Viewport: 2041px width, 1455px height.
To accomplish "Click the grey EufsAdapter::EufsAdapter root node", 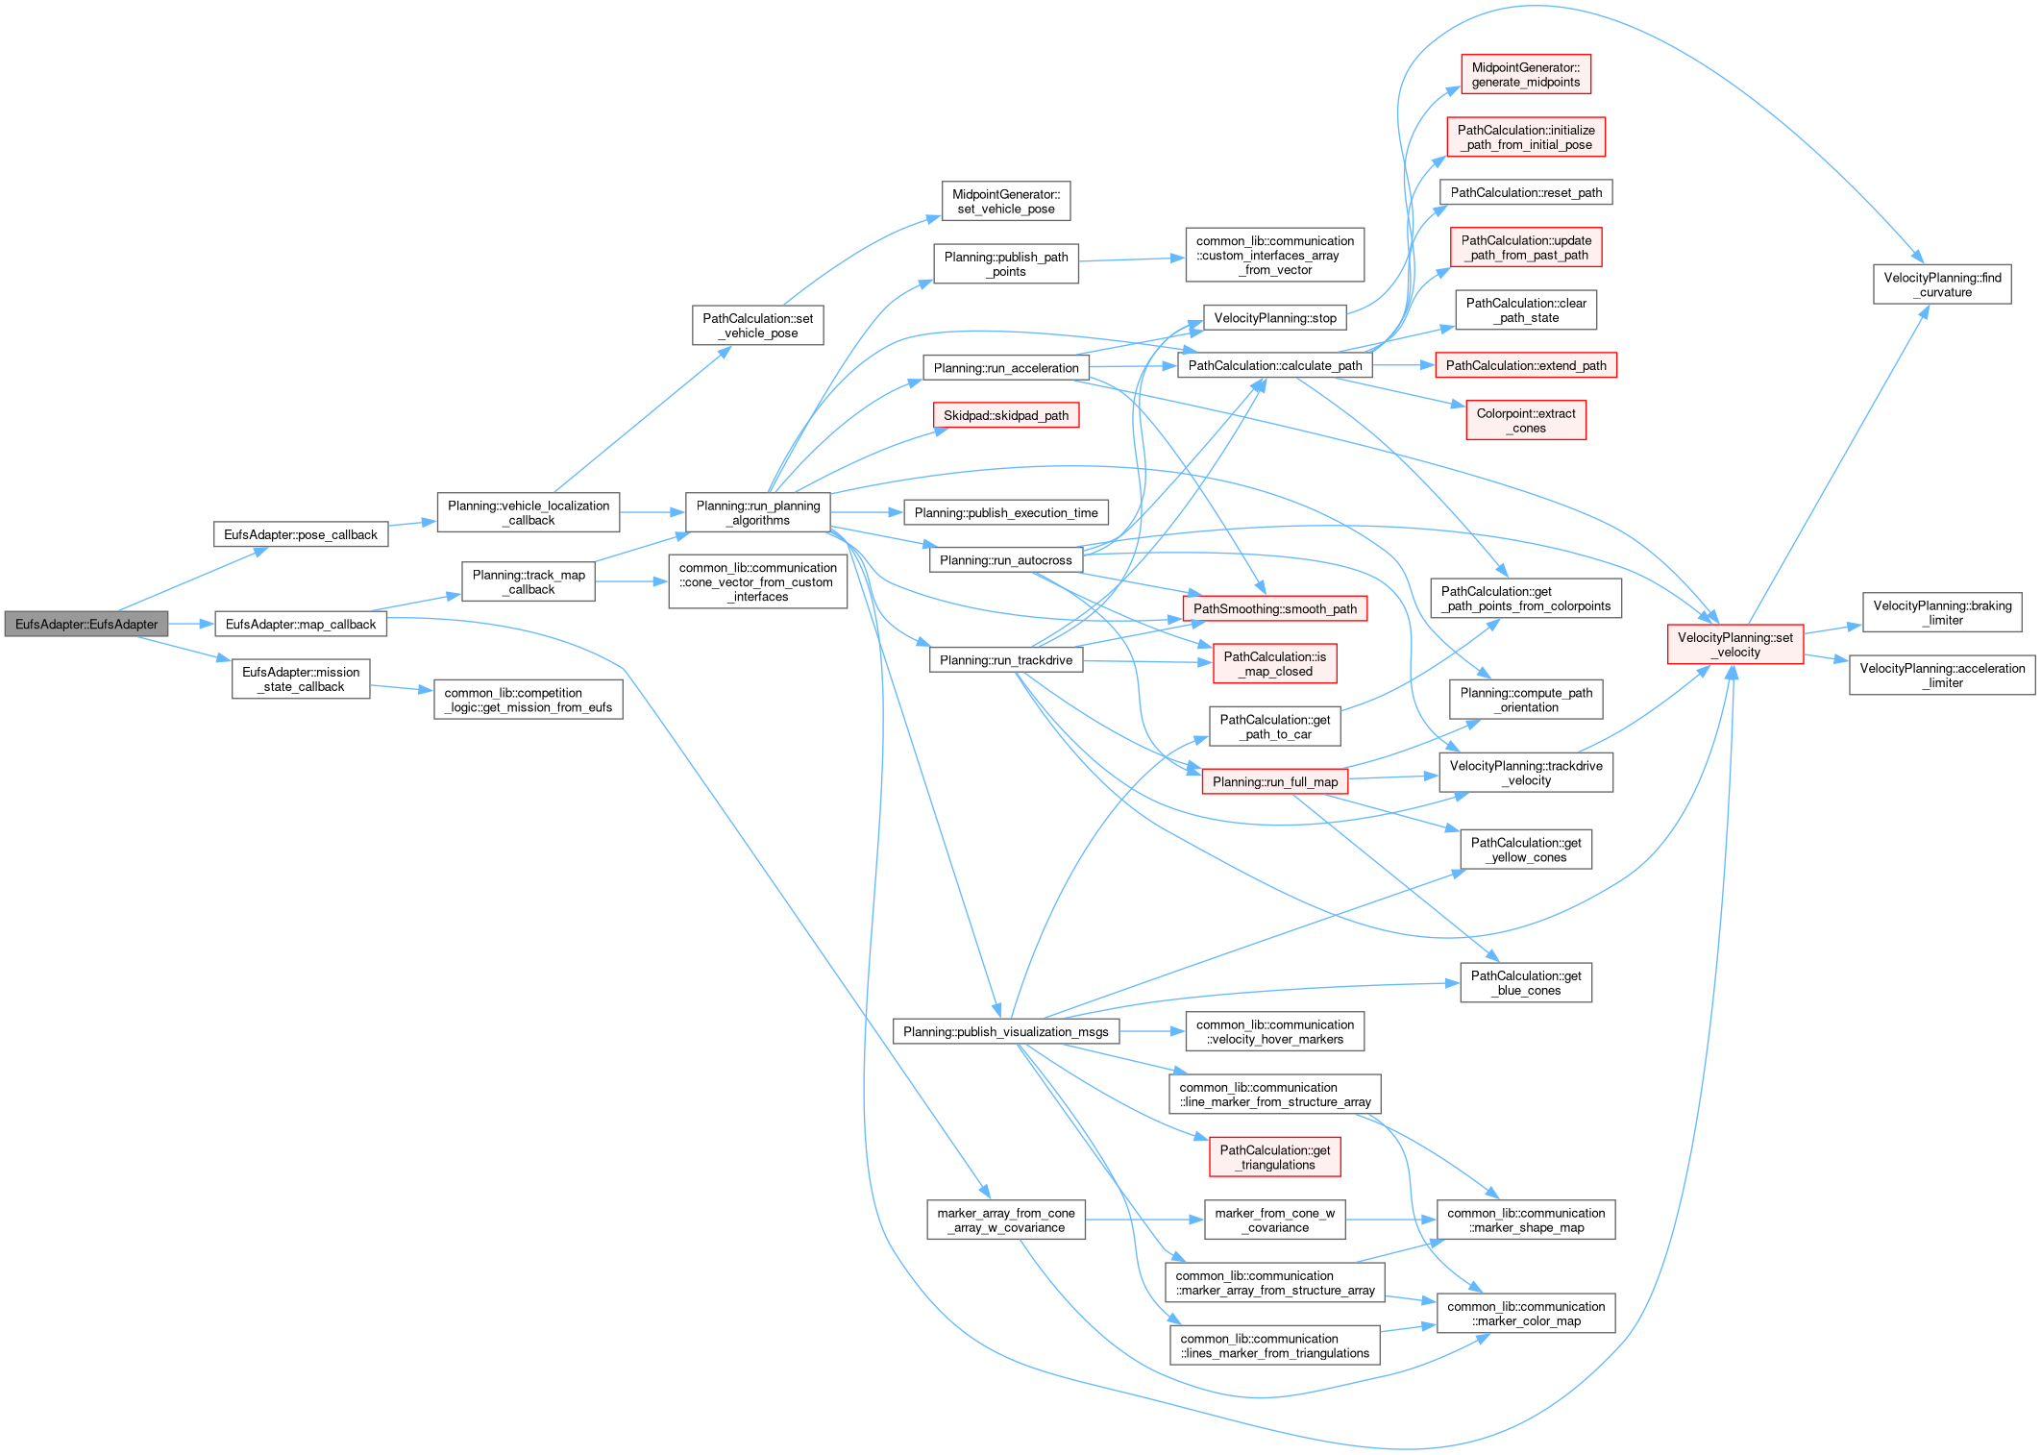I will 86,625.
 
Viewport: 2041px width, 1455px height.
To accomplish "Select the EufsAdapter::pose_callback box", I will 300,535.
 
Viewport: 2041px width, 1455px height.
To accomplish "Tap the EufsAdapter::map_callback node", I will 300,625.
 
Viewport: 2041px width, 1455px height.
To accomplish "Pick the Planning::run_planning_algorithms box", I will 758,513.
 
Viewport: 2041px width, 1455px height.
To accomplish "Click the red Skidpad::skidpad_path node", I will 1006,416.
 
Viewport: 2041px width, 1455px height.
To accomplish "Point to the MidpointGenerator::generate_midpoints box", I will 1525,75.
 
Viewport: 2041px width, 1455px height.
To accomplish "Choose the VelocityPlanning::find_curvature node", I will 1942,285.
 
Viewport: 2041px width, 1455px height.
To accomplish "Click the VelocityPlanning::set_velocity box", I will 1734,645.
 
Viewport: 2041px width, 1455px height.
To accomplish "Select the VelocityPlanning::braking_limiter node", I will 1942,613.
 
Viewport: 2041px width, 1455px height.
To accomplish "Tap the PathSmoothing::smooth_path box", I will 1274,609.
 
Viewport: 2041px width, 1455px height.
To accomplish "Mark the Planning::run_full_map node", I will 1274,782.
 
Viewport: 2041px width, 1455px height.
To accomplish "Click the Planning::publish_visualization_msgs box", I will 1005,1032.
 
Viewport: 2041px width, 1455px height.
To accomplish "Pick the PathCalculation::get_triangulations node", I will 1274,1158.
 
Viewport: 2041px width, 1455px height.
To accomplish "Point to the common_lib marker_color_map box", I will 1525,1314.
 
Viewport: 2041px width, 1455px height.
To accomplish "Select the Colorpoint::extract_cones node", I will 1525,421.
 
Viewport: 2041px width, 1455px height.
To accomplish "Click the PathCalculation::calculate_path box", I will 1274,366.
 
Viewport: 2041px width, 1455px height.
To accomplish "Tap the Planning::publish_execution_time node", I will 1005,513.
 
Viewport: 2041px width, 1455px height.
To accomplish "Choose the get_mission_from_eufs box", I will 528,700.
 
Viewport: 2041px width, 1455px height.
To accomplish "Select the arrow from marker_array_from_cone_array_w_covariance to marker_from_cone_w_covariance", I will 1143,1221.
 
